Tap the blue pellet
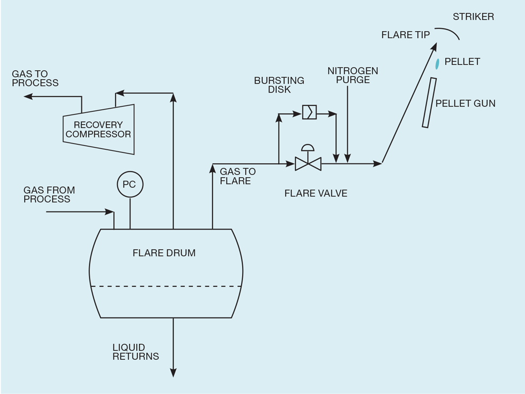click(x=437, y=64)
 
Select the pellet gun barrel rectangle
click(x=429, y=103)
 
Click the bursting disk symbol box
click(x=310, y=112)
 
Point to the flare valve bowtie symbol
click(x=308, y=164)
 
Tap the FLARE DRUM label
click(x=164, y=253)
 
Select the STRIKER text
click(x=473, y=17)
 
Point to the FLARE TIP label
click(x=406, y=35)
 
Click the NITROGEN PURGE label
click(x=353, y=75)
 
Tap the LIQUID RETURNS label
click(x=136, y=352)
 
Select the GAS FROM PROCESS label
click(x=49, y=195)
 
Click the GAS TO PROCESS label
click(x=35, y=78)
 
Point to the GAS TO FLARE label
click(x=238, y=176)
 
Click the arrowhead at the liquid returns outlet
click(x=173, y=373)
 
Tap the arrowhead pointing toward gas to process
click(x=28, y=97)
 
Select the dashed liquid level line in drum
click(x=166, y=286)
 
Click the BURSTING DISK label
click(x=279, y=85)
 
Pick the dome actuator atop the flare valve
click(x=308, y=148)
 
